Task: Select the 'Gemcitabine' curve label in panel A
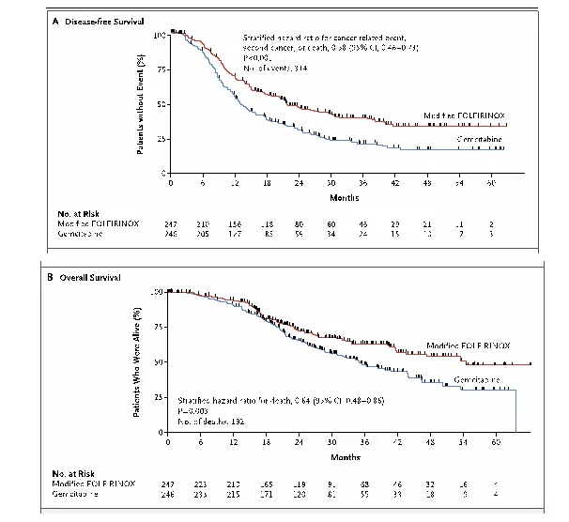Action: click(x=479, y=139)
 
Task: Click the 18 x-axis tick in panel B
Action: click(x=267, y=443)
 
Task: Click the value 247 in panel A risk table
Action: click(x=170, y=227)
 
